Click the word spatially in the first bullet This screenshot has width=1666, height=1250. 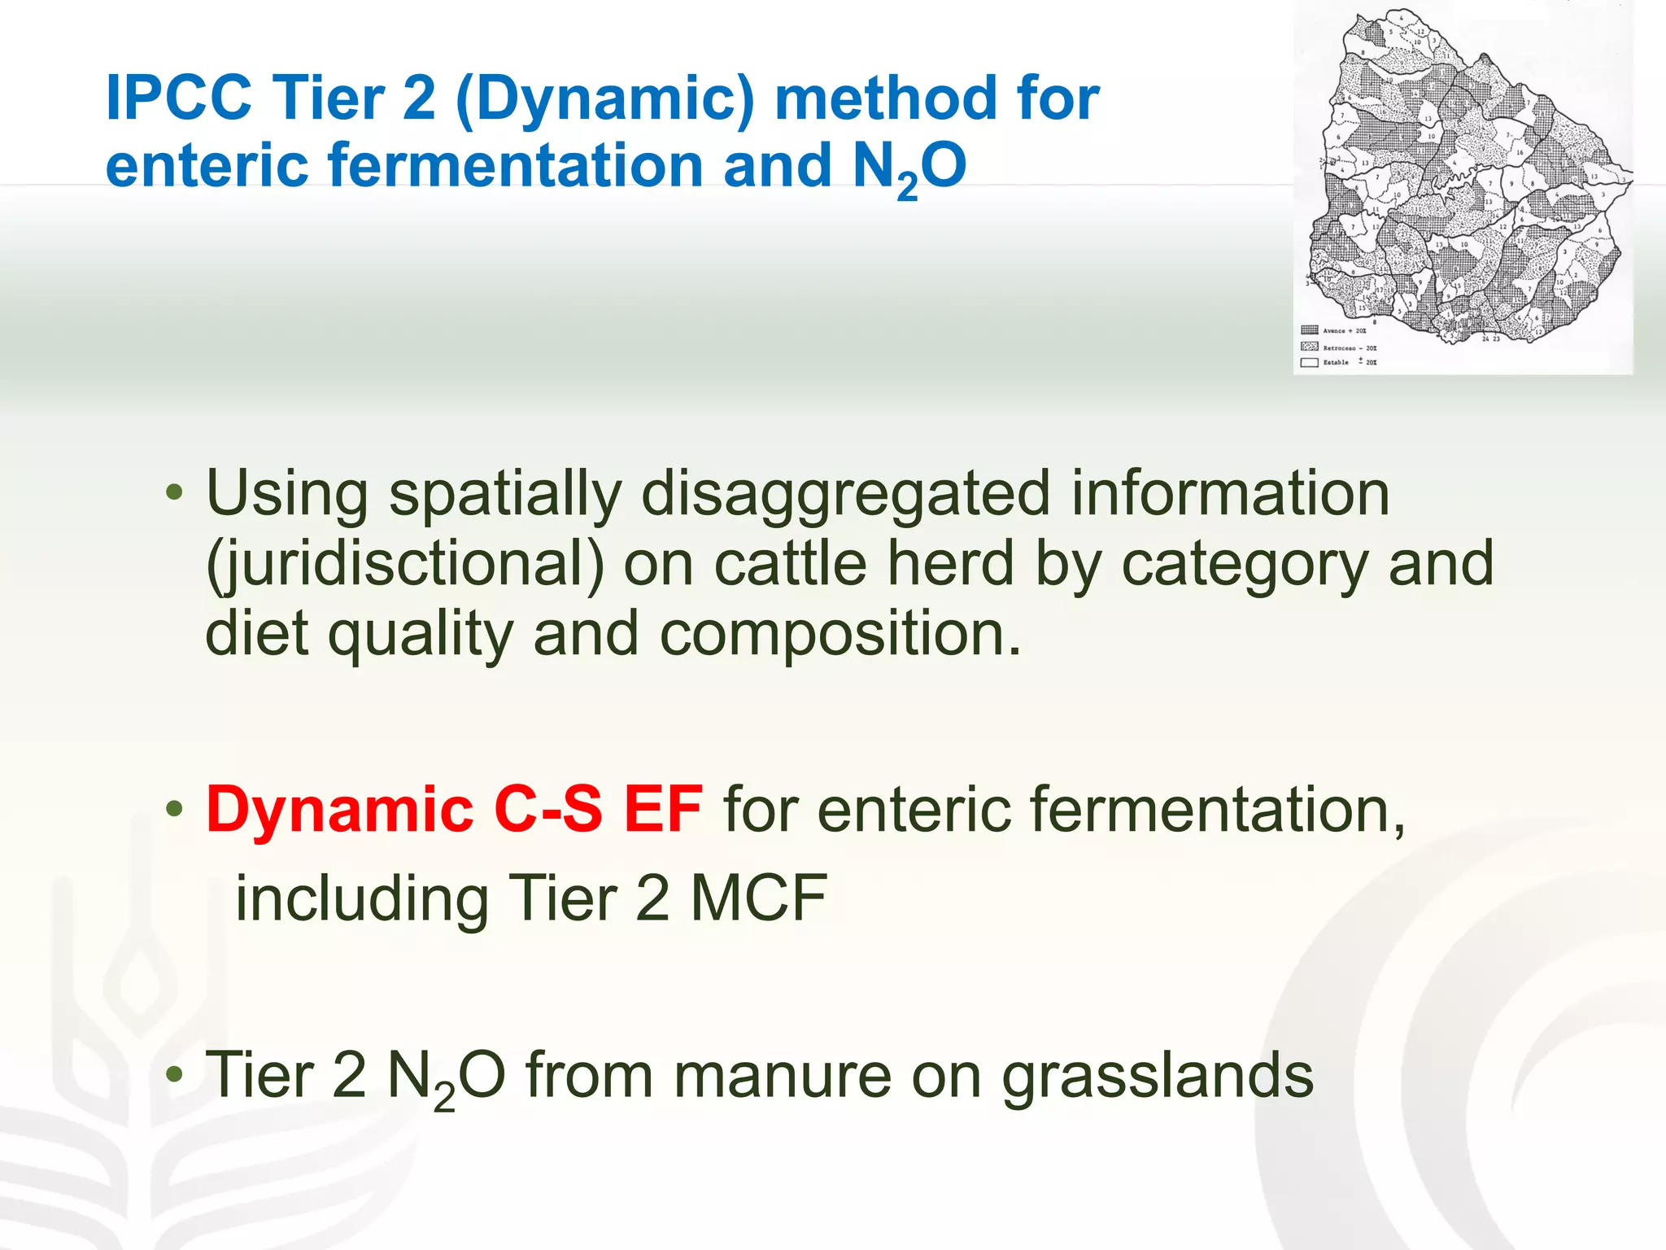[504, 495]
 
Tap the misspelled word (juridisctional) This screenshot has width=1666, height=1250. [404, 565]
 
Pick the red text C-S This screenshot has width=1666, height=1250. [547, 810]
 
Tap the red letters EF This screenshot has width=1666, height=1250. [662, 810]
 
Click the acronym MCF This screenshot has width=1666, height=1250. [758, 898]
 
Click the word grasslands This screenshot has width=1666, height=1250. [1157, 1076]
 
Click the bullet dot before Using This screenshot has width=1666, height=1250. [174, 492]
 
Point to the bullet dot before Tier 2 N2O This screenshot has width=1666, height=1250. [174, 1075]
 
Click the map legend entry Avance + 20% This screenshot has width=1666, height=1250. [1344, 330]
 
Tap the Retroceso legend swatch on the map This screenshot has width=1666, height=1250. [1310, 347]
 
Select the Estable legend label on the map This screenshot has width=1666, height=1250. [1336, 362]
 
